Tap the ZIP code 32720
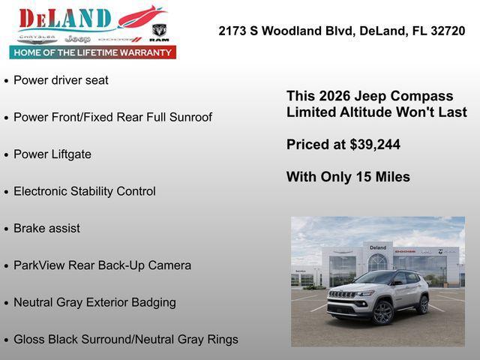448,31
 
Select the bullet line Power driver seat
61,80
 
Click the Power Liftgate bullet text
52,154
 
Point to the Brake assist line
46,228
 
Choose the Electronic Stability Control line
85,191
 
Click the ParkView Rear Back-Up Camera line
102,265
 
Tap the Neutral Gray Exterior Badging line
94,302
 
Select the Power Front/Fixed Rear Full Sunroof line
112,117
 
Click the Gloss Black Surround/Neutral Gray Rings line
126,339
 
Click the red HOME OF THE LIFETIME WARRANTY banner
93,52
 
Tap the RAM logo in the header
159,31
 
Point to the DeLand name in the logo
64,19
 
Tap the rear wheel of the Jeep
423,304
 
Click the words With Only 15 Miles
348,177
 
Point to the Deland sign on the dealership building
378,247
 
